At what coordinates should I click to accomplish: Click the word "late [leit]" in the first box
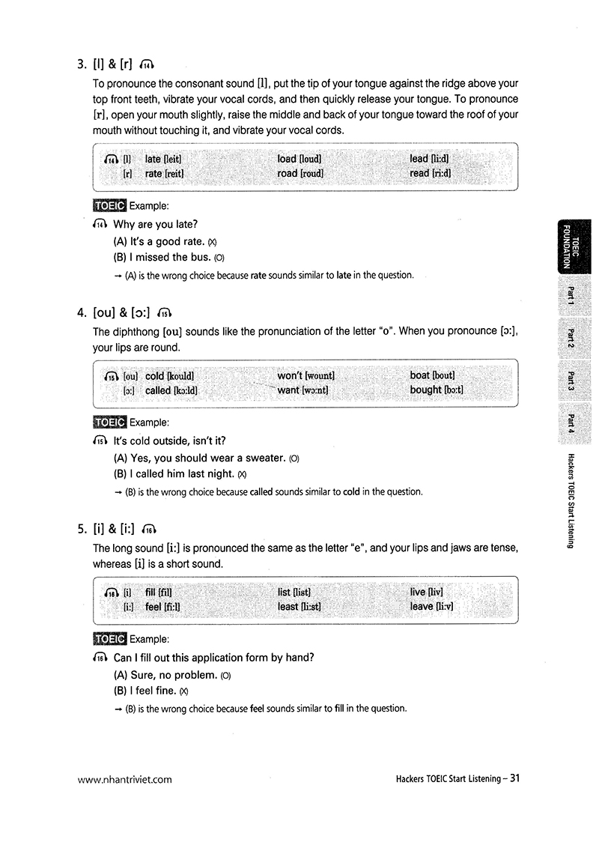click(x=164, y=159)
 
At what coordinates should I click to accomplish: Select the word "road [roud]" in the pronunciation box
click(x=300, y=174)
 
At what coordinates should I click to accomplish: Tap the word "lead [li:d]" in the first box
click(x=429, y=159)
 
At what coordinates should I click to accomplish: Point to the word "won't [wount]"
click(x=305, y=375)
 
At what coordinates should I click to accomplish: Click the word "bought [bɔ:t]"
click(x=437, y=390)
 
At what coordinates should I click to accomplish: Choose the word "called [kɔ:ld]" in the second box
click(x=171, y=390)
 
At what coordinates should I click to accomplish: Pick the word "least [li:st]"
click(x=299, y=606)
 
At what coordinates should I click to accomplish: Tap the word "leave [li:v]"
click(x=431, y=606)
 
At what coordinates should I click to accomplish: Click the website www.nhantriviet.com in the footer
click(x=124, y=779)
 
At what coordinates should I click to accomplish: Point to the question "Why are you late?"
click(x=155, y=224)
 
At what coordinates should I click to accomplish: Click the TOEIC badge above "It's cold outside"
click(x=109, y=423)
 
